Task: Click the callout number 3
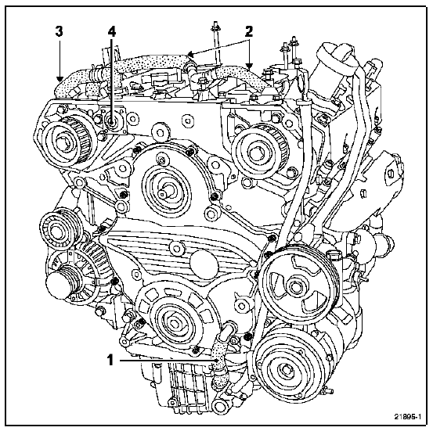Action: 59,31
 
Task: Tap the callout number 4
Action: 111,32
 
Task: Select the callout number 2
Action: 249,32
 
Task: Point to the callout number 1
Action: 110,360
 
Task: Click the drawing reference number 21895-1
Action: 408,417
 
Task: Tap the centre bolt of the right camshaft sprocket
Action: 254,153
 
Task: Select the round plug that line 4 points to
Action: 112,122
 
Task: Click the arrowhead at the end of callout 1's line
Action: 218,360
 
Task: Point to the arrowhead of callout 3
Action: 59,79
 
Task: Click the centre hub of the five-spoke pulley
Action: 295,287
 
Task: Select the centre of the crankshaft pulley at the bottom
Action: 173,321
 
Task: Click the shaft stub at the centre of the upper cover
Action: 165,192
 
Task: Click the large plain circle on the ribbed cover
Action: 204,264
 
